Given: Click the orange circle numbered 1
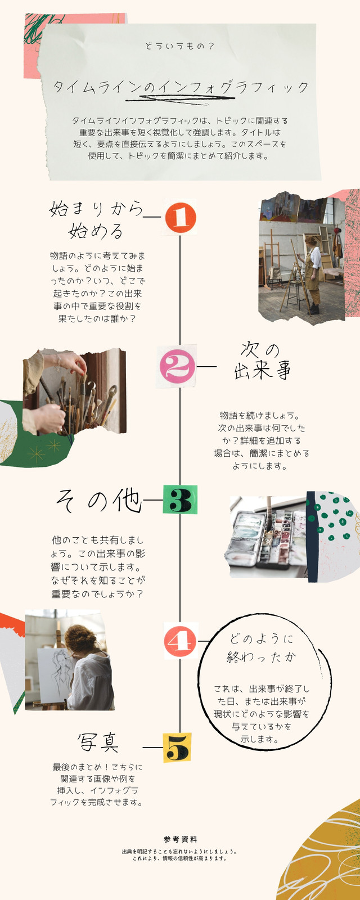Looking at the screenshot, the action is tap(181, 217).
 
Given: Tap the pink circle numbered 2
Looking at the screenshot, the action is tap(177, 366).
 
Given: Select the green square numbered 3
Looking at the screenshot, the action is tap(180, 499).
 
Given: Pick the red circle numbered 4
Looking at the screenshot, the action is tap(180, 641).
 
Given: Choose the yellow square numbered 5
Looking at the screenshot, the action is tap(177, 748).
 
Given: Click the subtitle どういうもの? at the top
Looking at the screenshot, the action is tap(179, 46).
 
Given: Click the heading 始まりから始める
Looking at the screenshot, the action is tap(96, 220).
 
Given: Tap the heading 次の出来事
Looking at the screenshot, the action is tap(262, 361).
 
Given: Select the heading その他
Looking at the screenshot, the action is tap(98, 501).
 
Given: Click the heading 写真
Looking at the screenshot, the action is tap(98, 742).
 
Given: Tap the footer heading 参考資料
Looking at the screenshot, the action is tap(180, 839).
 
